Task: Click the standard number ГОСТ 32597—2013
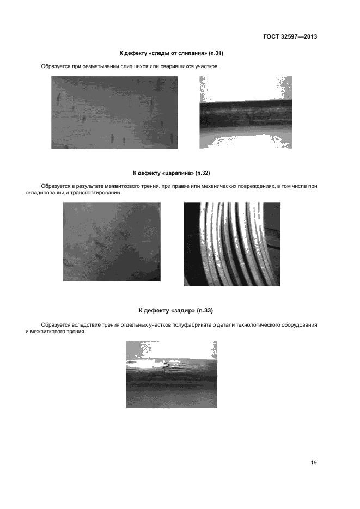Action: point(290,36)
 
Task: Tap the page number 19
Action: point(314,462)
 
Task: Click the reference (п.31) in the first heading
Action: point(216,53)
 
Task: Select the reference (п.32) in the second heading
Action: point(203,173)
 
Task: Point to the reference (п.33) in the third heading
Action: point(205,311)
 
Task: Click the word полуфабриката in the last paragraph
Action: point(192,325)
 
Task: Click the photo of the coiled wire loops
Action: point(232,244)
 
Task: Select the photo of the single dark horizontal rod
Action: point(246,112)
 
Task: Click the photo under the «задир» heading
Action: point(172,375)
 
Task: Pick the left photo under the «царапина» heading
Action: point(111,242)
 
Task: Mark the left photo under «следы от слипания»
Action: point(114,112)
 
